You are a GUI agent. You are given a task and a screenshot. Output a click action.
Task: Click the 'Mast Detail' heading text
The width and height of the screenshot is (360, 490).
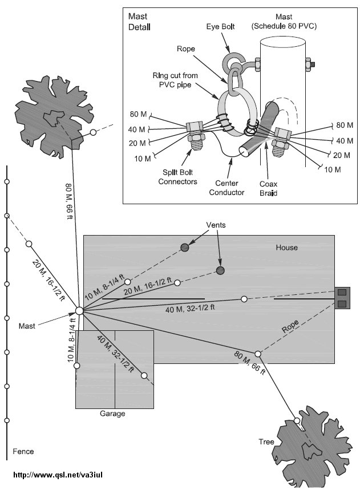point(140,22)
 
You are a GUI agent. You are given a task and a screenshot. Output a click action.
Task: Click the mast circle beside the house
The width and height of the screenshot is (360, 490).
point(79,311)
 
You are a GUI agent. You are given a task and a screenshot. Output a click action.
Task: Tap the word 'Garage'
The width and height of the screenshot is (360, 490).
point(113,414)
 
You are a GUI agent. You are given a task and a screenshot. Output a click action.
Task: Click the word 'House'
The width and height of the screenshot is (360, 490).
point(287,248)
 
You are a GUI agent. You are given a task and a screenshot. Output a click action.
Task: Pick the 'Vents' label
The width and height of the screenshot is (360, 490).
point(216,225)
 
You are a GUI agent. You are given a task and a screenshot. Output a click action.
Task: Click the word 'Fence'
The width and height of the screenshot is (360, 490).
point(23,451)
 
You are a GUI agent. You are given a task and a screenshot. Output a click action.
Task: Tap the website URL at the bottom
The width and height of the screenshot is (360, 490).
point(58,475)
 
